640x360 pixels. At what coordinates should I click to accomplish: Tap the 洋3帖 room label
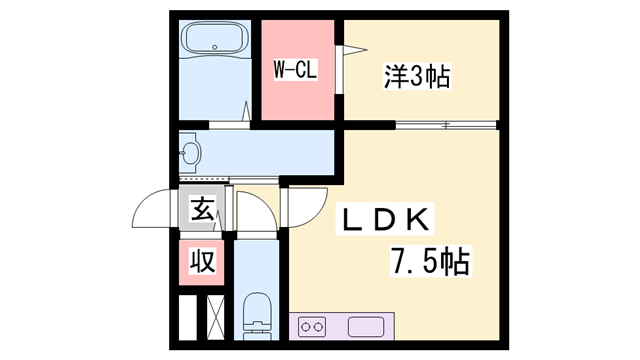[418, 74]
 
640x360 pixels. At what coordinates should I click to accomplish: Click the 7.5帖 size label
[429, 263]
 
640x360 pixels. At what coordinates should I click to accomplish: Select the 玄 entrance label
[203, 210]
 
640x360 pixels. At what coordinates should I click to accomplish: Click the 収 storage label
[203, 263]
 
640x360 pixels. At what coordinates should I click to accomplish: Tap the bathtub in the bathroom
[215, 41]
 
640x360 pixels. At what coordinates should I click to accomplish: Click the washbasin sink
[192, 153]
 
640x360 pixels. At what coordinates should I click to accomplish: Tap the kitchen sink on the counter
[362, 327]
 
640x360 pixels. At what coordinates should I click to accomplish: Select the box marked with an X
[214, 318]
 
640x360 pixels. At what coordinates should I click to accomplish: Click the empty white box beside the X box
[187, 318]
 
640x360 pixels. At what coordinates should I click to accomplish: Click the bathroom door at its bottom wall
[230, 122]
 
